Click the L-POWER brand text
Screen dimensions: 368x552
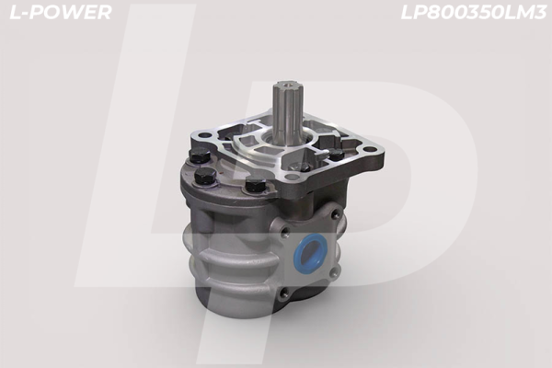point(57,13)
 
